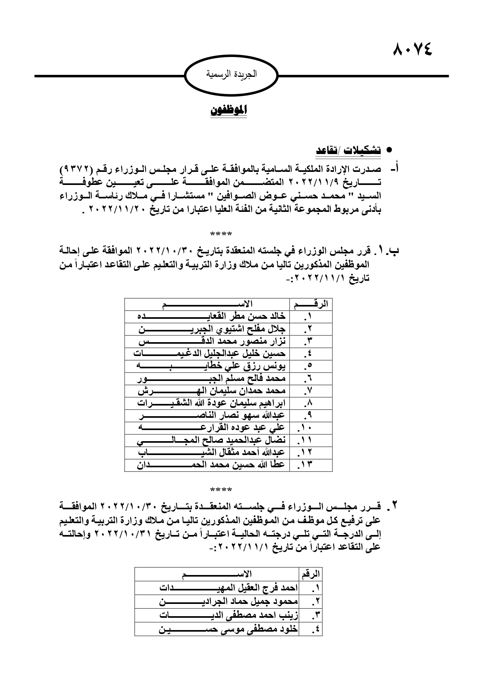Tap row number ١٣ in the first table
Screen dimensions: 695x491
(x=307, y=465)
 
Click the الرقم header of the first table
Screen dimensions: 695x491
(x=311, y=304)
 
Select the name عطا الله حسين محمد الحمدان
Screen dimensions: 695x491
(x=211, y=465)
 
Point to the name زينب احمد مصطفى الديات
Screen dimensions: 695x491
(x=229, y=615)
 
